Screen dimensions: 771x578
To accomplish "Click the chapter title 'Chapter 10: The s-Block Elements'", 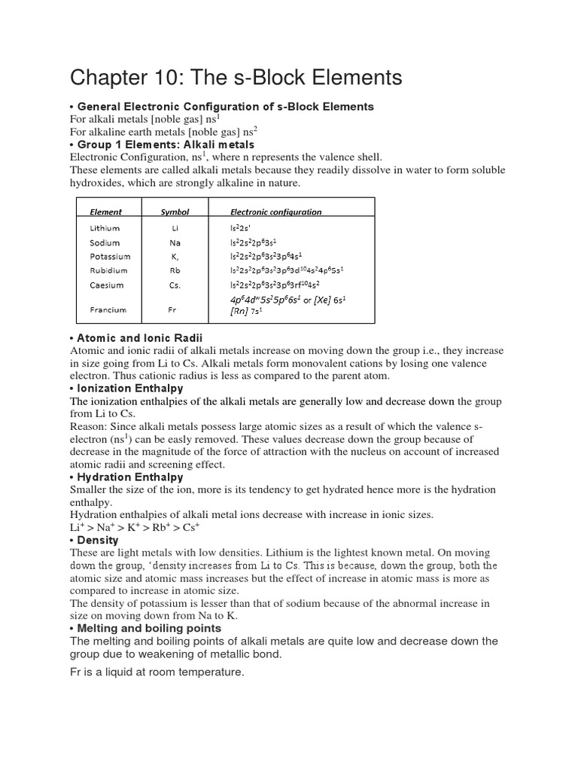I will pos(236,78).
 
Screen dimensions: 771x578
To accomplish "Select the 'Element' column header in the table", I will pos(105,212).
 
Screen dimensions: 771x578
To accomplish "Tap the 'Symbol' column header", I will pos(175,212).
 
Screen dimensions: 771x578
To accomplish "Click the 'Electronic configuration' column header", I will pos(275,212).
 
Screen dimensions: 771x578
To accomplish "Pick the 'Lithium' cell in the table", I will pos(105,228).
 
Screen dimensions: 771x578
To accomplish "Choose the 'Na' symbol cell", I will pos(175,243).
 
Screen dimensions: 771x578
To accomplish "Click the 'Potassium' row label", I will pos(109,257).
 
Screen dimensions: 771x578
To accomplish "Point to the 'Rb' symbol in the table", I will pos(175,270).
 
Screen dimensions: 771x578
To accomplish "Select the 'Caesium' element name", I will pos(107,285).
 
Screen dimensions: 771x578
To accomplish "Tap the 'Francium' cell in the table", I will pos(108,309).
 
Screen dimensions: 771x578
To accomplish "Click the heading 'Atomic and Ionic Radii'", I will pos(140,338).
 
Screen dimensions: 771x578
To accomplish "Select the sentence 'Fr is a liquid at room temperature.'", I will pos(157,672).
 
